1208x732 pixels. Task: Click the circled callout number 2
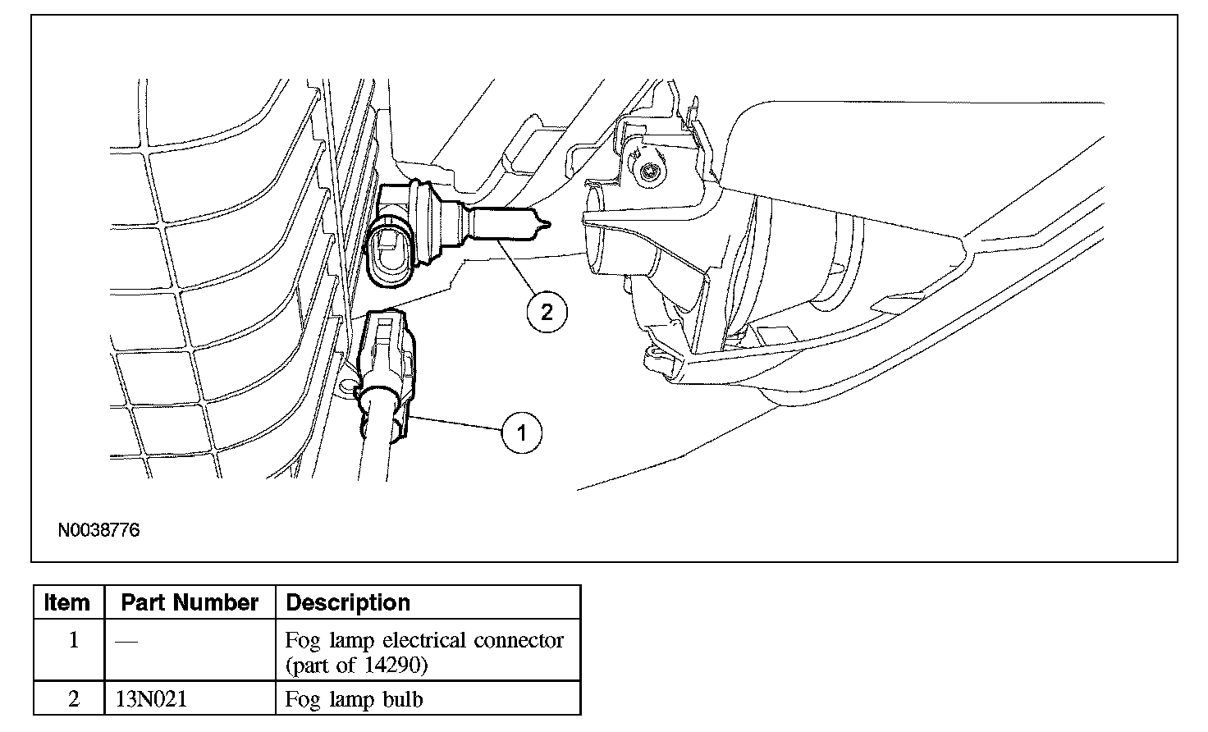(x=547, y=311)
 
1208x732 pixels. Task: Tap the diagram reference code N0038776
(x=98, y=530)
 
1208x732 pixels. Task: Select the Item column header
(x=67, y=602)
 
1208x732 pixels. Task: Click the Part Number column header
(x=190, y=602)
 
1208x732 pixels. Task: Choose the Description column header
(x=348, y=602)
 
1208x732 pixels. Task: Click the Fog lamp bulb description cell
(x=355, y=700)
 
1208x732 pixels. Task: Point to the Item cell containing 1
(x=73, y=640)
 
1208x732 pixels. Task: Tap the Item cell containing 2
(x=73, y=700)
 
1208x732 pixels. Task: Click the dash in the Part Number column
(x=126, y=640)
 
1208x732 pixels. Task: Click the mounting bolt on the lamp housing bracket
(x=649, y=172)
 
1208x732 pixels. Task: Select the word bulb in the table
(x=404, y=700)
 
